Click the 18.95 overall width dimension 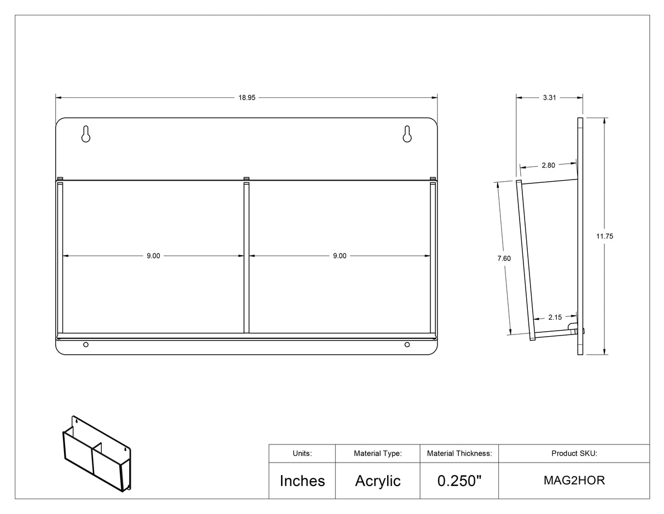(x=247, y=97)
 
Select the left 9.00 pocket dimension (x=153, y=256)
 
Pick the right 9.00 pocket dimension (x=339, y=256)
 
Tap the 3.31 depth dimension (x=549, y=97)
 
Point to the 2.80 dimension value (x=548, y=165)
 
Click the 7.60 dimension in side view (x=504, y=258)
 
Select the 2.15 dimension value (x=555, y=317)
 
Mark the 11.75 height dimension (x=604, y=236)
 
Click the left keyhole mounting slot (x=86, y=134)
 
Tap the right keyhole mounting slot (x=407, y=134)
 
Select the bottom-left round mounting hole (x=86, y=344)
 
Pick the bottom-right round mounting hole (x=407, y=344)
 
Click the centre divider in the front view (x=247, y=257)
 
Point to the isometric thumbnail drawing (x=96, y=453)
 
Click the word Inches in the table (x=302, y=481)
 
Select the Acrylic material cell (x=377, y=481)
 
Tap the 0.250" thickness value (x=459, y=481)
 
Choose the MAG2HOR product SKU (x=574, y=481)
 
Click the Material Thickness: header (x=459, y=453)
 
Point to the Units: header (x=302, y=453)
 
